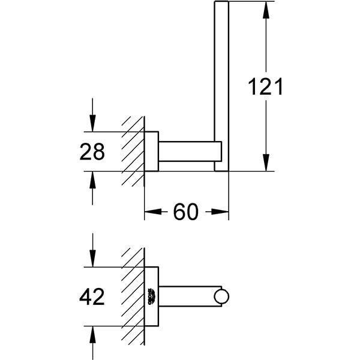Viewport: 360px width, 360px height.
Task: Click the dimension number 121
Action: pyautogui.click(x=265, y=88)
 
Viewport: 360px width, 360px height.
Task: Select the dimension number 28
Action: pyautogui.click(x=92, y=152)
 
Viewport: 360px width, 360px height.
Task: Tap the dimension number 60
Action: pyautogui.click(x=186, y=212)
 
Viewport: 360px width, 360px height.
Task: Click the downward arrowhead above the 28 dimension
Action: pyautogui.click(x=92, y=124)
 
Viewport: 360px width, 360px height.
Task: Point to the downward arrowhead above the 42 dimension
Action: pyautogui.click(x=92, y=260)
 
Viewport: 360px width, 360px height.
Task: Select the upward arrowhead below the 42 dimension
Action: pyautogui.click(x=92, y=333)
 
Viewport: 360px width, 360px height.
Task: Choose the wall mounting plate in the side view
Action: pyautogui.click(x=151, y=151)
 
